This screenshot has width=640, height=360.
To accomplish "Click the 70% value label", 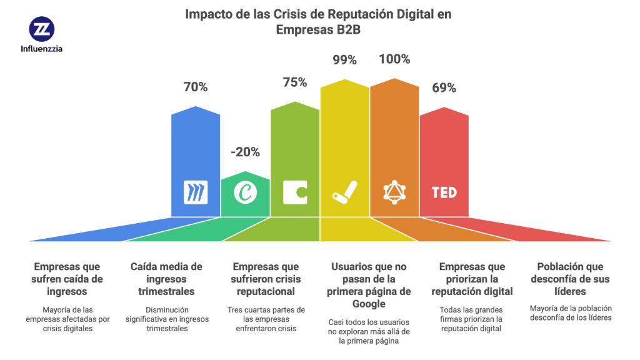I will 196,87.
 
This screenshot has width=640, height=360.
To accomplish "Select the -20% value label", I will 245,152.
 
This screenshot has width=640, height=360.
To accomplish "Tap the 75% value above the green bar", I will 295,82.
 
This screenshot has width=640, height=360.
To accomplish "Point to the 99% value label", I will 344,60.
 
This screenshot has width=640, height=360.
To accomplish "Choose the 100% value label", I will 394,60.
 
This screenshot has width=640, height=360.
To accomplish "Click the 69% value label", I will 444,87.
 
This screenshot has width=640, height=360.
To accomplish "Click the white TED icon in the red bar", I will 444,192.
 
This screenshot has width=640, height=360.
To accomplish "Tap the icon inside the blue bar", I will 196,192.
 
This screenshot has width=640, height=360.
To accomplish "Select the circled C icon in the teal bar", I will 245,192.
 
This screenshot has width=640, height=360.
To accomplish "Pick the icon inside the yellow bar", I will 344,192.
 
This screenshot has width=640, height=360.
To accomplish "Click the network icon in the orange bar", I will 394,192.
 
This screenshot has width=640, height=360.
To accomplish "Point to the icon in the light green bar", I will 295,192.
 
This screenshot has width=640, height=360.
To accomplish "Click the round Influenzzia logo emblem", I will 42,29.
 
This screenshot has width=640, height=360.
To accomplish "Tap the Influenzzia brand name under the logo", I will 42,49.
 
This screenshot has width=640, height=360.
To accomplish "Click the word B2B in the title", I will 345,30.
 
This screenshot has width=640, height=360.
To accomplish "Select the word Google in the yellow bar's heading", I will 369,304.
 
